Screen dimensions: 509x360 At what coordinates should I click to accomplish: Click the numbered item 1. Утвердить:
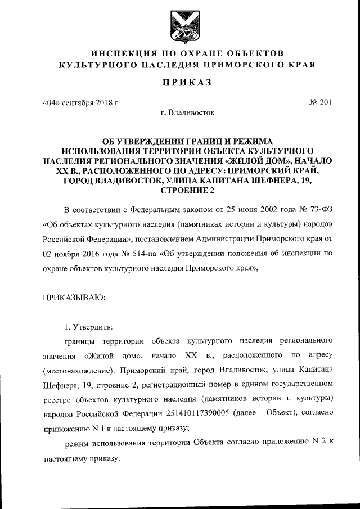click(89, 326)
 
